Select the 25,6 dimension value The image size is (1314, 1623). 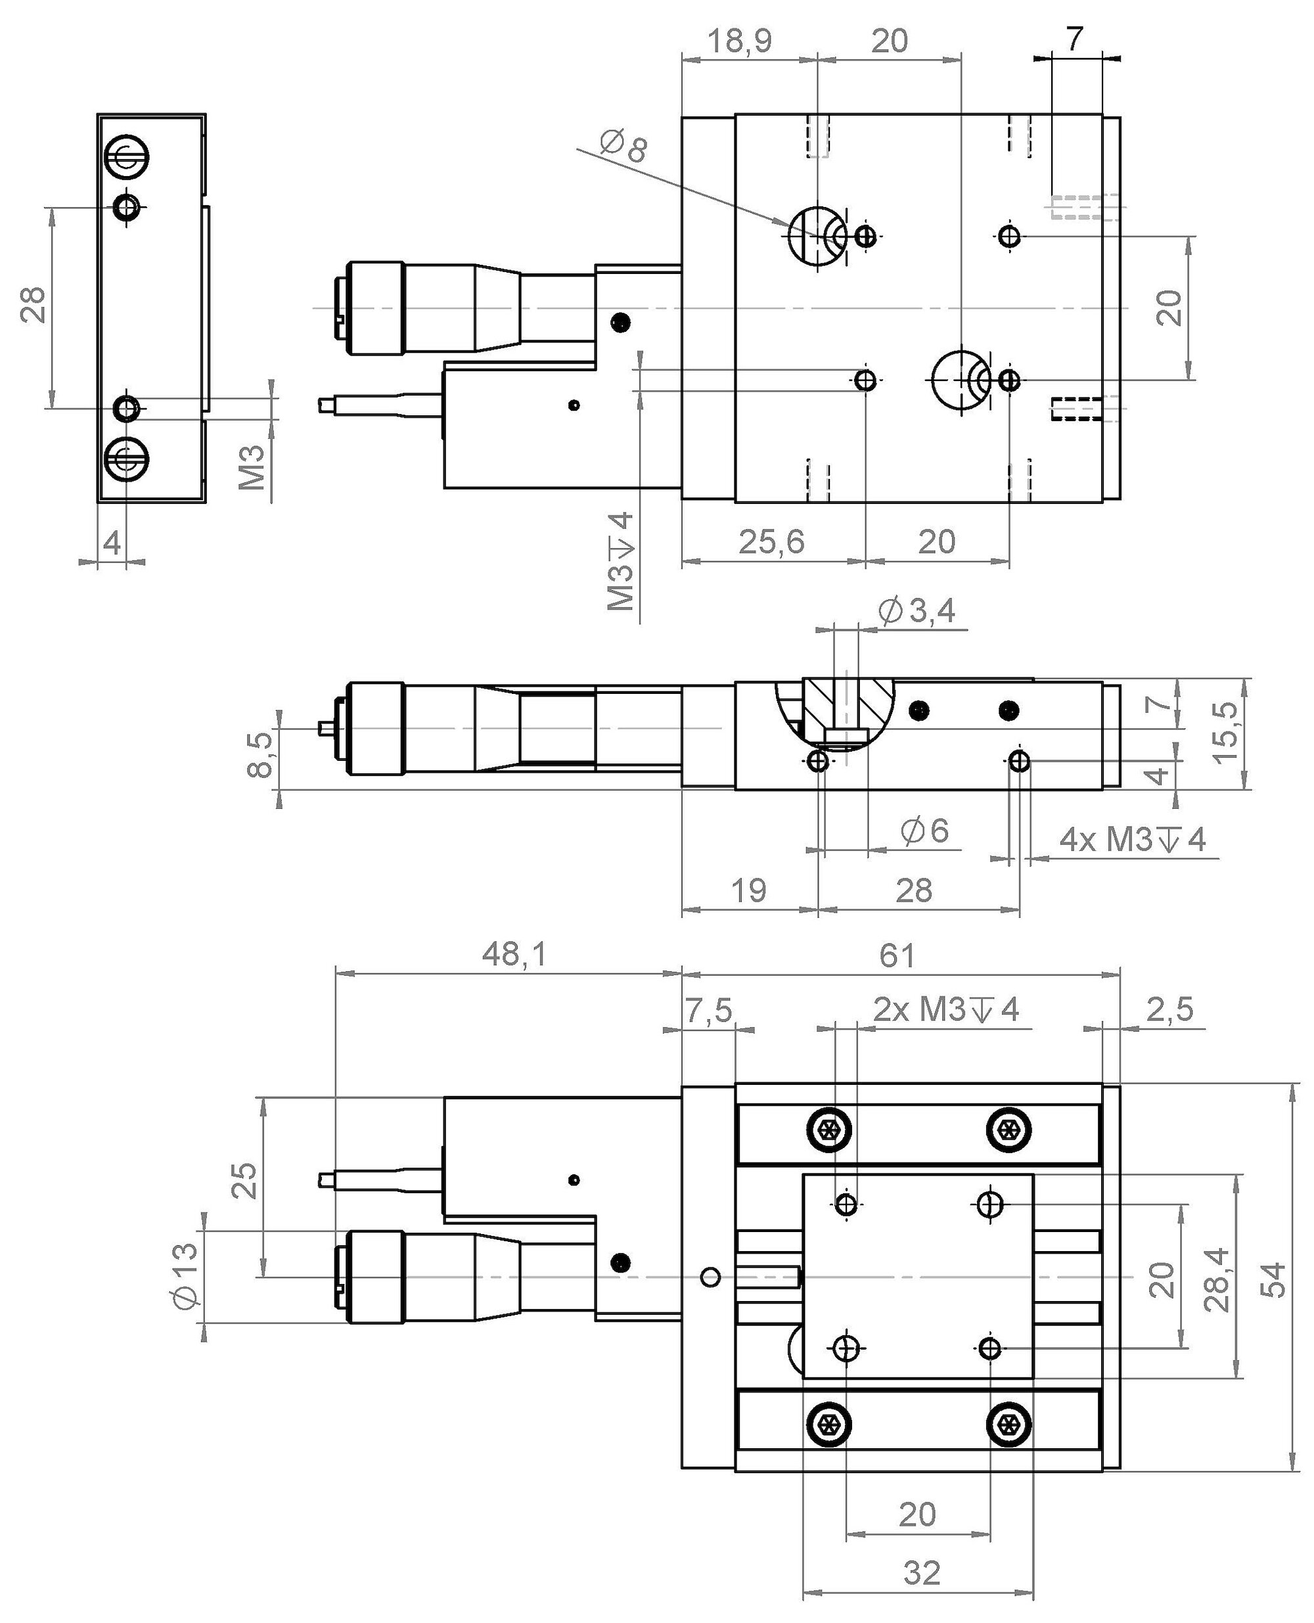click(x=771, y=542)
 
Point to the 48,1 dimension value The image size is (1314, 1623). click(x=514, y=955)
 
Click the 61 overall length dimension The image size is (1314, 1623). click(x=897, y=955)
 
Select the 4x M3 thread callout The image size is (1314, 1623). click(x=1131, y=840)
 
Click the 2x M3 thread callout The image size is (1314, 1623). click(x=946, y=1009)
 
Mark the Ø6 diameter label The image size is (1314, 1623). click(x=924, y=831)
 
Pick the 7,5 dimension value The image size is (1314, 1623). click(x=709, y=1009)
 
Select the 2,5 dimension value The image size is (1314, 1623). click(x=1170, y=1009)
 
